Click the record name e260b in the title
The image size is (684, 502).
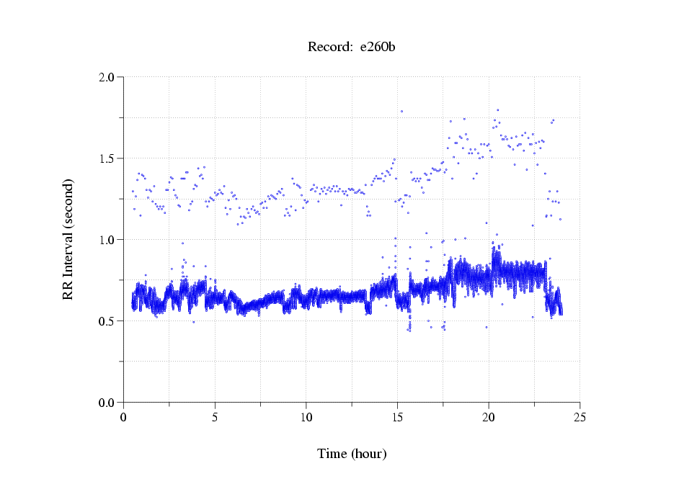point(378,48)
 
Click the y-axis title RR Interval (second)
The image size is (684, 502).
point(68,239)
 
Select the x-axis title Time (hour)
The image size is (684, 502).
point(352,454)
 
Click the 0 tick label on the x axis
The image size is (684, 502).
point(123,417)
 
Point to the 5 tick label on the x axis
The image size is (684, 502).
point(215,417)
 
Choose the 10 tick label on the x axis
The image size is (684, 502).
point(306,417)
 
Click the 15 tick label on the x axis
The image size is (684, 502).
point(397,417)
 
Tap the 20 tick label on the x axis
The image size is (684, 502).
point(488,417)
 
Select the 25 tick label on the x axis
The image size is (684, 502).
point(579,417)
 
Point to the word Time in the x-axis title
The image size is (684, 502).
point(332,454)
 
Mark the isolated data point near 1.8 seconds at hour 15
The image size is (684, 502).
point(401,112)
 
